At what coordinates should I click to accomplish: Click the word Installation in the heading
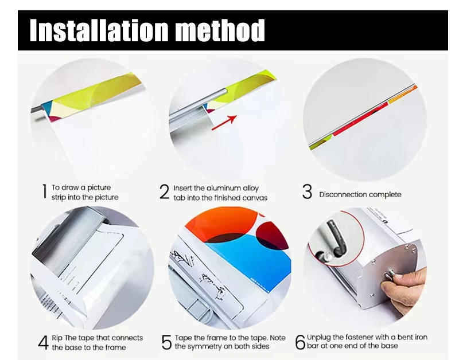point(99,30)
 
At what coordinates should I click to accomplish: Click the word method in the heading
point(220,30)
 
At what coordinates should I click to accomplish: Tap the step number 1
point(45,191)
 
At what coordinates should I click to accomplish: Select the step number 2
point(165,192)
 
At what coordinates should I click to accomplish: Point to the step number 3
point(307,191)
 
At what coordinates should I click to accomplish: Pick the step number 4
point(44,342)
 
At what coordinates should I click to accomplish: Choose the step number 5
point(166,342)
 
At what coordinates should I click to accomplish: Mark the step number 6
point(300,342)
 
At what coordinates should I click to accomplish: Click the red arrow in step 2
point(224,123)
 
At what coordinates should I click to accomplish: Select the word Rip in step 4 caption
point(57,338)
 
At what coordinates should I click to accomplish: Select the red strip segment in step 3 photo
point(361,119)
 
